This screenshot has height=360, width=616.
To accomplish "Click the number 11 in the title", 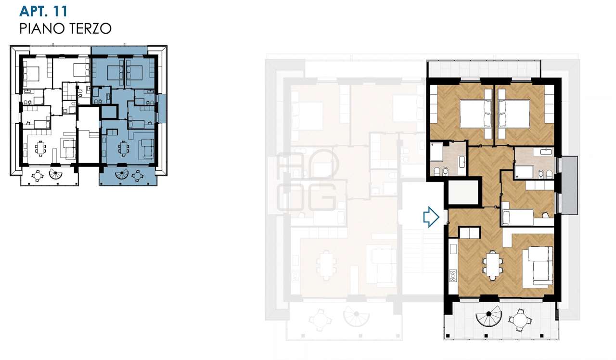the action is (60, 11).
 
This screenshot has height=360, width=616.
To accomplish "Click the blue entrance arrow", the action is (431, 217).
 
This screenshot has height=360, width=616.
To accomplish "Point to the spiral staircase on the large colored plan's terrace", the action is (488, 319).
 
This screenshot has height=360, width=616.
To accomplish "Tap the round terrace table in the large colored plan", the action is (520, 321).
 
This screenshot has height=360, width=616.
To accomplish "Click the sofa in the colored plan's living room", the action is (538, 267).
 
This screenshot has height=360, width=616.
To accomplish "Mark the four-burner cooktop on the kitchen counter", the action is (453, 276).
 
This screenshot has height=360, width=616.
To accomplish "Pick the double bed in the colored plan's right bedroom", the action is (513, 114).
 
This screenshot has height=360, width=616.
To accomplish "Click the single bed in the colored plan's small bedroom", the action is (517, 217).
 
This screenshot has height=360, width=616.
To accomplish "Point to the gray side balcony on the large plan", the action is (569, 185).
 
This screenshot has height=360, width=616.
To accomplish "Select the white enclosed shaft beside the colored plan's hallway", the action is (464, 192).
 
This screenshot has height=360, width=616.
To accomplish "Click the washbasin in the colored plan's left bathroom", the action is (462, 162).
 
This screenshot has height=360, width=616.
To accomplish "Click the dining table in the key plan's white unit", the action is (40, 148).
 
